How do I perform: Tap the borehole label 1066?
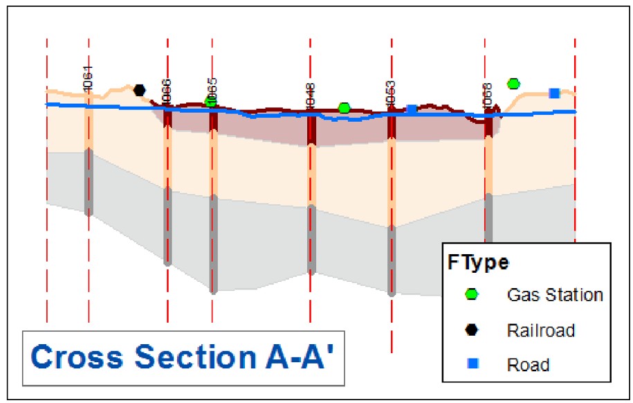coord(166,92)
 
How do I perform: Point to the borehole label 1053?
coord(391,93)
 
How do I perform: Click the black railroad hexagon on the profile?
coord(140,89)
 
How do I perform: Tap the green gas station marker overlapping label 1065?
coord(212,102)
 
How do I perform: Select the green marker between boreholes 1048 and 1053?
coord(344,108)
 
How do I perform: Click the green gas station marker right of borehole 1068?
coord(513,84)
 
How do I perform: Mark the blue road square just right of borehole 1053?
coord(412,109)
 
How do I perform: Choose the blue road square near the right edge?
coord(554,93)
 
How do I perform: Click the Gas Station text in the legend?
coord(555,295)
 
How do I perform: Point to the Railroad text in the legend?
coord(541,330)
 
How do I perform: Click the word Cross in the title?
coord(77,358)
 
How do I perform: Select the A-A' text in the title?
coord(302,358)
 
